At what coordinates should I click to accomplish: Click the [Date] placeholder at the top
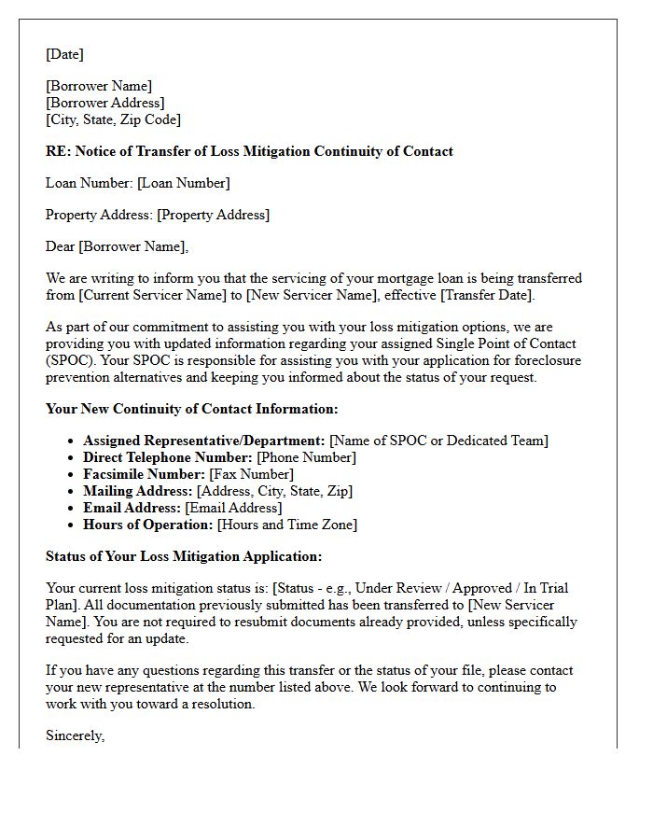[x=64, y=54]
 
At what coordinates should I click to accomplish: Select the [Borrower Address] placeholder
[x=105, y=103]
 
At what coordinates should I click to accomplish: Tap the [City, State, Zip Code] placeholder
[x=113, y=119]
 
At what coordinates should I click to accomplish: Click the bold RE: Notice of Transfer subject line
[x=249, y=151]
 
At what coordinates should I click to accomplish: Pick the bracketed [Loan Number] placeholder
[x=183, y=183]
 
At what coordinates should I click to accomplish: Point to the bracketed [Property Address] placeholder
[x=213, y=215]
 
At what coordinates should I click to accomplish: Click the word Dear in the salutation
[x=61, y=246]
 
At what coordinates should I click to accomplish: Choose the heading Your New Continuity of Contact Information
[x=191, y=409]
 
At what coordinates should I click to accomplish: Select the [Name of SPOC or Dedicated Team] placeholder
[x=438, y=441]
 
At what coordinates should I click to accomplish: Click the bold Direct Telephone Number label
[x=168, y=457]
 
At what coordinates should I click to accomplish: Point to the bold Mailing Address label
[x=137, y=491]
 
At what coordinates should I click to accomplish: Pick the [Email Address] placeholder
[x=232, y=508]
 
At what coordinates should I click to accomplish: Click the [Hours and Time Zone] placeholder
[x=286, y=525]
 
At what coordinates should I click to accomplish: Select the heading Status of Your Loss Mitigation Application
[x=184, y=556]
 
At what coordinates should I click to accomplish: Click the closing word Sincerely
[x=75, y=735]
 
